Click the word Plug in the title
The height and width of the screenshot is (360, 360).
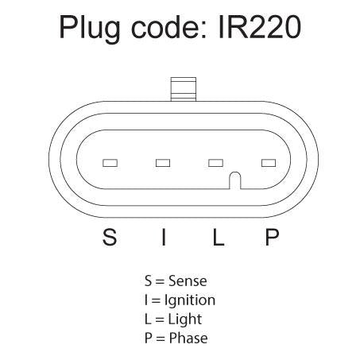coord(90,29)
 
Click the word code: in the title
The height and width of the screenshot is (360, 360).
coord(168,26)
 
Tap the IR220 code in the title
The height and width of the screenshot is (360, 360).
coord(260,27)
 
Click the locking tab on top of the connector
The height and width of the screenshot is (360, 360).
coord(184,89)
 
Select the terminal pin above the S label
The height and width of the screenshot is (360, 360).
coord(110,163)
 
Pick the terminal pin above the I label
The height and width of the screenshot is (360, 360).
coord(163,163)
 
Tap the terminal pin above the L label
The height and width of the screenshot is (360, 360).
coord(215,163)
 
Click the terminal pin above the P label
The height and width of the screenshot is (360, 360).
coord(269,163)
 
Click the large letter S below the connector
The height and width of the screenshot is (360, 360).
coord(110,237)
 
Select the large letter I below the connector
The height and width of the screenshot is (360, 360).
coord(164,237)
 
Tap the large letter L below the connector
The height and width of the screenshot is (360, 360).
coord(219,237)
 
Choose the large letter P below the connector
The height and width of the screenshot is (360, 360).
coord(272,237)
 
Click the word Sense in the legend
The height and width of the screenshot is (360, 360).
coord(188,281)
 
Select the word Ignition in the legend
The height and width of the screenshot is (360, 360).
coord(190,300)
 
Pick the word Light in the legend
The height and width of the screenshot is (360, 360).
coord(185,319)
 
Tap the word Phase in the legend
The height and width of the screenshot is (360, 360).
coord(188,339)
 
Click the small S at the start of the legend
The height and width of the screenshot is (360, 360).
coord(148,281)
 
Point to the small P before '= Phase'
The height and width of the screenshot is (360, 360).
coord(149,339)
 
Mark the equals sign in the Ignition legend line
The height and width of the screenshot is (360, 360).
coord(157,300)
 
